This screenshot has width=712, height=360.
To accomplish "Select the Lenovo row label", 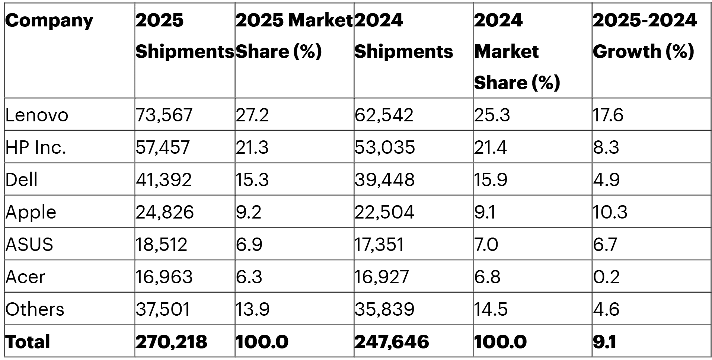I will tap(37, 115).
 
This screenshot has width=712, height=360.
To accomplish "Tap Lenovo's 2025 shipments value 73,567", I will tap(164, 115).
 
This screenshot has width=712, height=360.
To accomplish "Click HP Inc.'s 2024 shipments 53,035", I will tap(384, 147).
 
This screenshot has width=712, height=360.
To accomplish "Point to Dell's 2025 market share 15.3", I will tap(252, 179).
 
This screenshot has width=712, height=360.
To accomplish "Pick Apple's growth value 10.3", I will tap(610, 212).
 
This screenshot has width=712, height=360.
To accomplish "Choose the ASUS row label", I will tap(29, 244).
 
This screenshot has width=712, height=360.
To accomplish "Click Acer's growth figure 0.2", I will tap(606, 277).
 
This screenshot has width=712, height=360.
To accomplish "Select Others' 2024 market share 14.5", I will tap(491, 309).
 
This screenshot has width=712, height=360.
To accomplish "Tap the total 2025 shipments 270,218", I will tap(171, 341).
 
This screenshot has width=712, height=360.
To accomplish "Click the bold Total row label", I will tap(28, 341).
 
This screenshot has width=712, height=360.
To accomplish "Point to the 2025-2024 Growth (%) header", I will tap(644, 36).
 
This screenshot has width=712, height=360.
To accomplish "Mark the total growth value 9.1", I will tap(604, 341).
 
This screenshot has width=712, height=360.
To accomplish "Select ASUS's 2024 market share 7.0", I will tap(486, 244).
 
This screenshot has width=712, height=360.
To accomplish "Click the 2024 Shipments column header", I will tap(403, 36).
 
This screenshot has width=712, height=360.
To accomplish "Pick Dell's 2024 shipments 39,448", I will tap(384, 179).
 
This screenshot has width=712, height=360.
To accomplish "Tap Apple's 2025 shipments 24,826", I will tap(165, 212).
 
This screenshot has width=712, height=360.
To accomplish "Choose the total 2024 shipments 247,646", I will tap(392, 341).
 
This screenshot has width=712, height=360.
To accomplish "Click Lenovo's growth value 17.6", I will tap(608, 115).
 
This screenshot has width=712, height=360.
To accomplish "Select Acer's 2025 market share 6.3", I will tap(249, 277).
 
